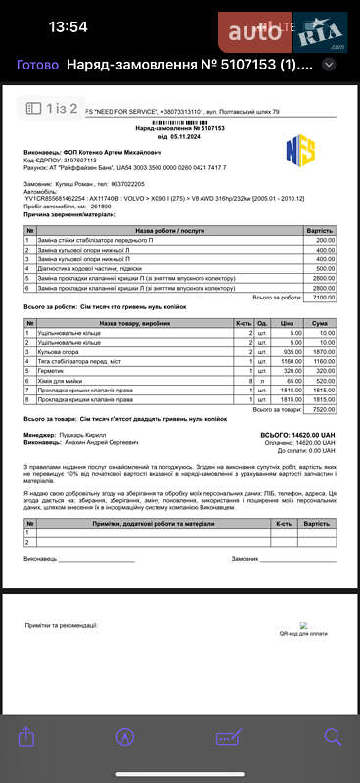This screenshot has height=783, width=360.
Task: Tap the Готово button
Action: point(37,65)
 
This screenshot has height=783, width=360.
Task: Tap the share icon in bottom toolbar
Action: point(26,737)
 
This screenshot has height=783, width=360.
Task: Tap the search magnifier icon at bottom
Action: point(333,737)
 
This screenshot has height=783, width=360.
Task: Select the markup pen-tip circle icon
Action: point(125,737)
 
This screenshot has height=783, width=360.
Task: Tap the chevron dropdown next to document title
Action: point(330,65)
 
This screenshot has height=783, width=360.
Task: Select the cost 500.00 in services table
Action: point(325,268)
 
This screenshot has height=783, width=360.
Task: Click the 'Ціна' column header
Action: point(285,323)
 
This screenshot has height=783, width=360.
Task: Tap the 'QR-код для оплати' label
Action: point(303,633)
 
